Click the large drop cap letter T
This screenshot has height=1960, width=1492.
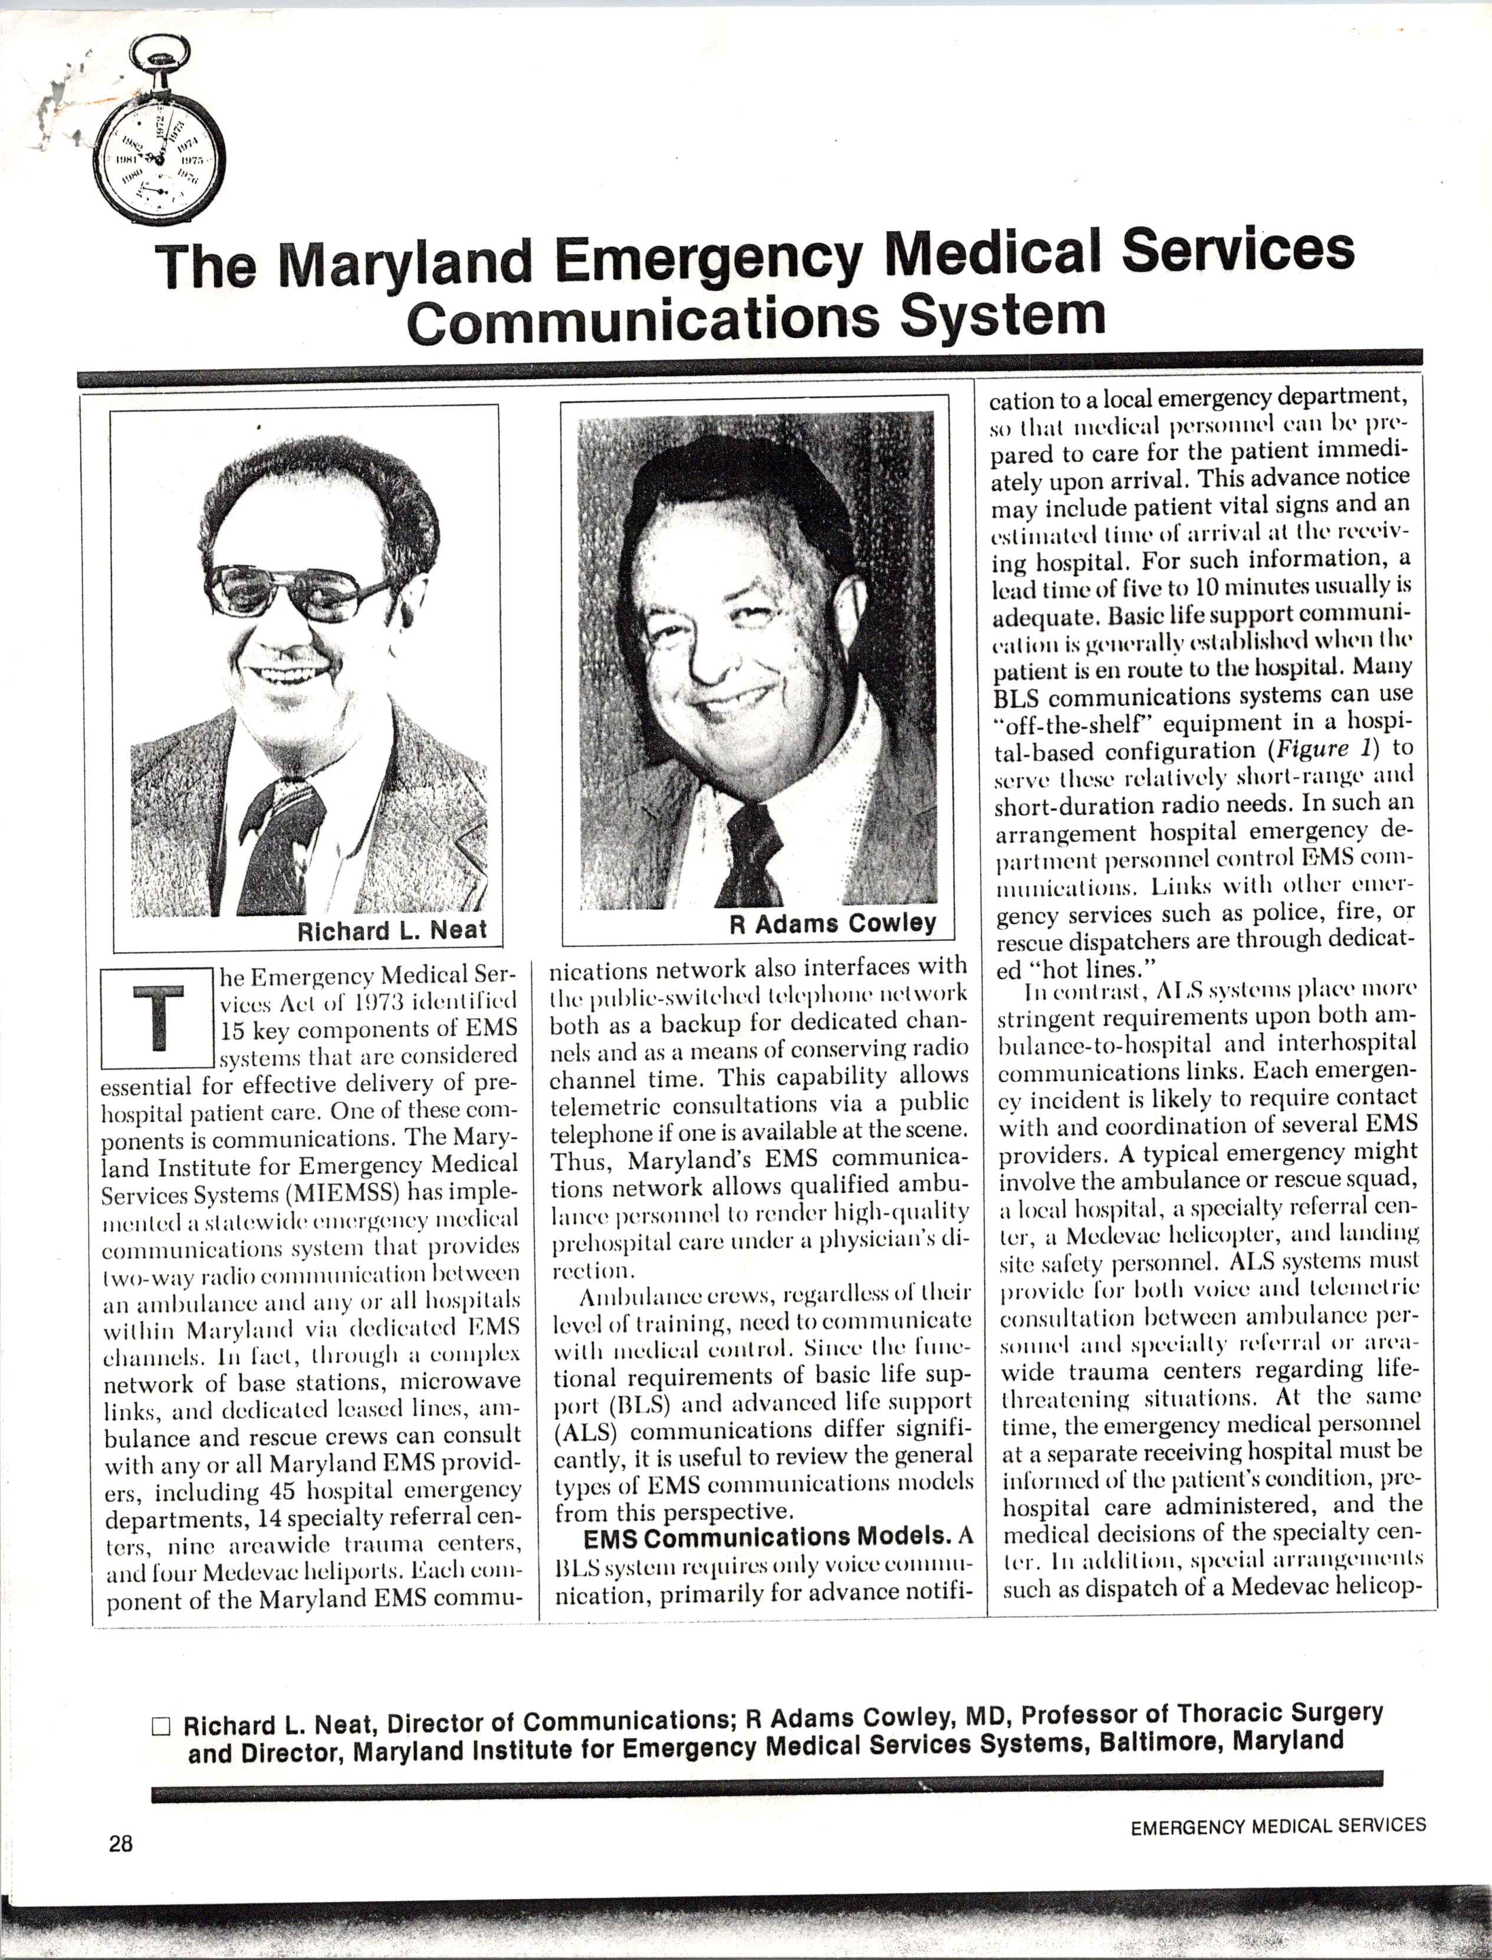pos(158,1017)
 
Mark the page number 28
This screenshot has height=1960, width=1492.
pos(121,1844)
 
